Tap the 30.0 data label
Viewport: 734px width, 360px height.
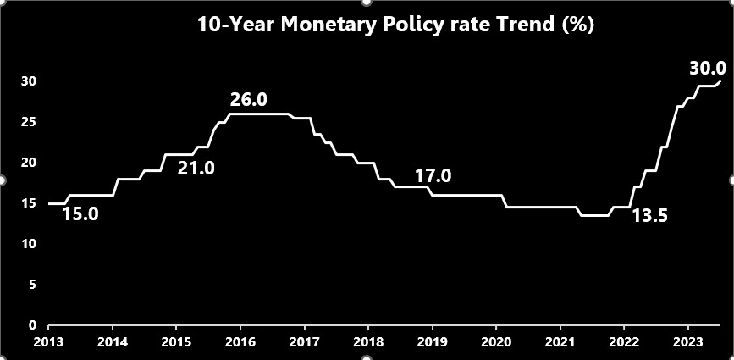tap(708, 69)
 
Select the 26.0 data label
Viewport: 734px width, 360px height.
tap(249, 100)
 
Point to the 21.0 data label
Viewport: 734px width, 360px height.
tap(196, 169)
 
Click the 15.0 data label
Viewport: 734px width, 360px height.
tap(80, 214)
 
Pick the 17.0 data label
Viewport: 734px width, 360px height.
tap(433, 177)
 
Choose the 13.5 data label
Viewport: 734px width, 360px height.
tap(650, 216)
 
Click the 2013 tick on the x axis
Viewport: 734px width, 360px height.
tap(48, 343)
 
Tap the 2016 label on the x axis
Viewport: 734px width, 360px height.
tap(240, 343)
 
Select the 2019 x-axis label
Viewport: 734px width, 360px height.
tap(432, 343)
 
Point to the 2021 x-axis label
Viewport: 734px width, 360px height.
tap(560, 343)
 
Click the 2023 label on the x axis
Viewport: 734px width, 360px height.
tap(687, 343)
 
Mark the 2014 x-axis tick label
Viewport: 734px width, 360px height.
tap(113, 343)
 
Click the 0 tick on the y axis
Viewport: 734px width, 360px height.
tap(32, 325)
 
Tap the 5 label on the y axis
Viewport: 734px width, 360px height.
tap(32, 285)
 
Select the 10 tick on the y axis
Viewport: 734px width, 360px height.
tap(30, 244)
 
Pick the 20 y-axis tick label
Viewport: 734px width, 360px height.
tap(30, 163)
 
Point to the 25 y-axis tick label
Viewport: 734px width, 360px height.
tap(30, 122)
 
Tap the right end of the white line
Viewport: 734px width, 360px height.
tap(720, 81)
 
